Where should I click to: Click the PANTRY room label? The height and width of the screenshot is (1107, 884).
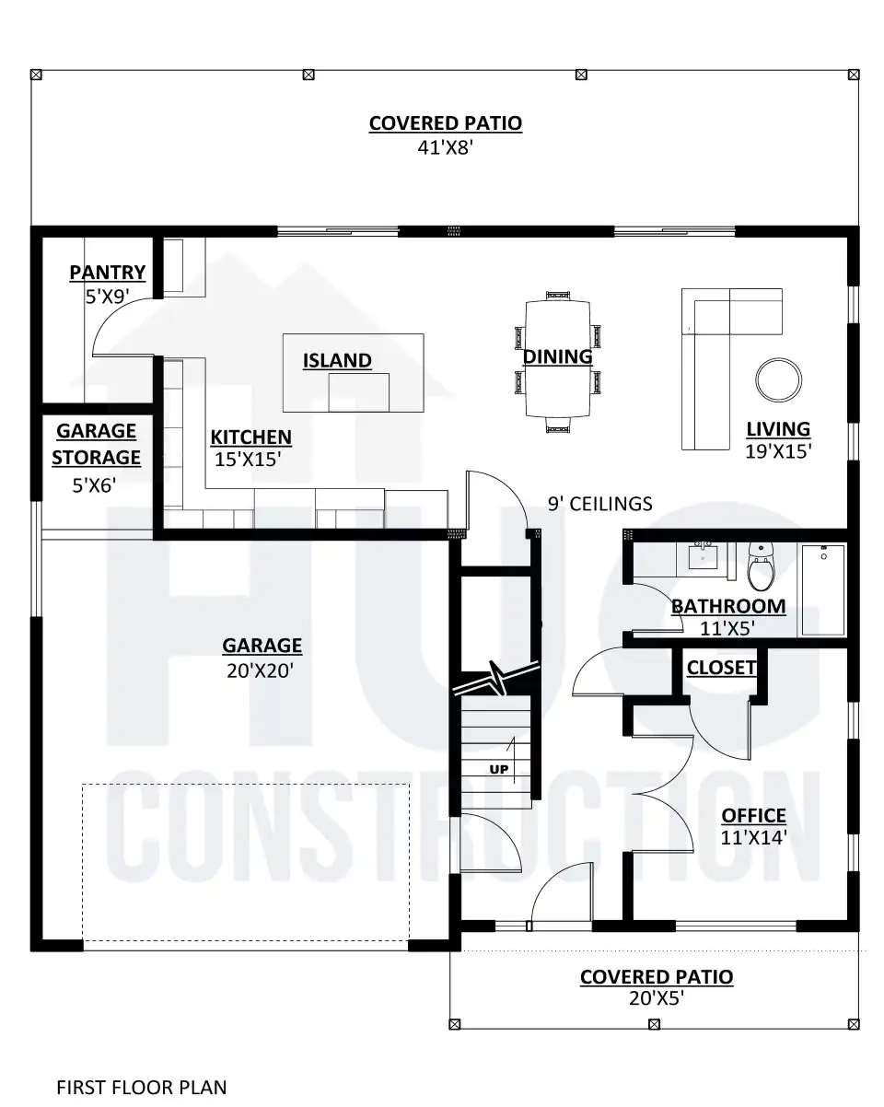coord(108,273)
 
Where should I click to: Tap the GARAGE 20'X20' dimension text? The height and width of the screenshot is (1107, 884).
coord(260,670)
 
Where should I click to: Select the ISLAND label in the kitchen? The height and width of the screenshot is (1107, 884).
coord(337,361)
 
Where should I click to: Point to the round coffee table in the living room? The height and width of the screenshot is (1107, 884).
coord(778,380)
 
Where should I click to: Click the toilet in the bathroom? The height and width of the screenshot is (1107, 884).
coord(761,566)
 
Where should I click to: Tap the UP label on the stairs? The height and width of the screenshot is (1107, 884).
coord(498,769)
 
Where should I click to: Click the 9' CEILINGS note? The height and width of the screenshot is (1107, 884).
coord(599,504)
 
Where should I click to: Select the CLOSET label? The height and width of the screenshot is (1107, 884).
coord(722,668)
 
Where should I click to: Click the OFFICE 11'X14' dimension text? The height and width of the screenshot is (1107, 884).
coord(753,837)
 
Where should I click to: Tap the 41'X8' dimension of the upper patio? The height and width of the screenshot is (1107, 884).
coord(445,147)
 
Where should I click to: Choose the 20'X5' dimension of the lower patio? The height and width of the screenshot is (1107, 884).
coord(657,998)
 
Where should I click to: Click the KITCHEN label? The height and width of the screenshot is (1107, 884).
coord(251,437)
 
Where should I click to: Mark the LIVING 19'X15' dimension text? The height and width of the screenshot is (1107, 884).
coord(778,451)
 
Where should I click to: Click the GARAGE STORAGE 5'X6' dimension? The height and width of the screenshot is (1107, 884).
coord(94,485)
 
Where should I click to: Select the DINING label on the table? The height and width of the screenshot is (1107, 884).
coord(557,356)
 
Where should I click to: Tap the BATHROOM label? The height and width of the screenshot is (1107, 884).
coord(728,606)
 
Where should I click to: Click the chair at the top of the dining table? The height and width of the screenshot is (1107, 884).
coord(558,296)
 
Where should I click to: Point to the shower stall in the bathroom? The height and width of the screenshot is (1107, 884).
coord(823,590)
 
